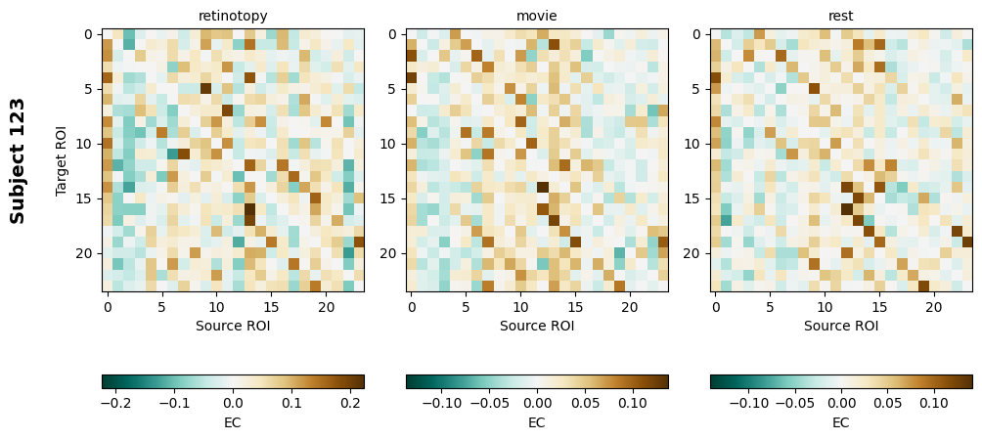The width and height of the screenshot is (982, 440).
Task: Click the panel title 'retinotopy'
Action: pos(233,16)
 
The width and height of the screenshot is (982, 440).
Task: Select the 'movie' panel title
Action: pos(537,16)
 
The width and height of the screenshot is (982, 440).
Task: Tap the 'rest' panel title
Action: pos(840,16)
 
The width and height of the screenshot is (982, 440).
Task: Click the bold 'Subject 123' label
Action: pos(18,160)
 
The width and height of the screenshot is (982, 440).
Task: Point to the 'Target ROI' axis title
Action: pos(62,159)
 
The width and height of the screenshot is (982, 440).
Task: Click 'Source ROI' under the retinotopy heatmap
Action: pos(233,326)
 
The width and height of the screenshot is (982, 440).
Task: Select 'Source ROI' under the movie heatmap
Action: pos(537,326)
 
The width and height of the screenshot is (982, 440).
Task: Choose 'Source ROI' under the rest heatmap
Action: pos(840,326)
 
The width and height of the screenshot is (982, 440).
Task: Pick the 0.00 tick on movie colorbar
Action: pos(537,402)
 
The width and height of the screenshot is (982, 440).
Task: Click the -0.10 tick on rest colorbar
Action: pos(749,402)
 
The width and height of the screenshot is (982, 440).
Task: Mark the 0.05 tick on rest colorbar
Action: pos(887,402)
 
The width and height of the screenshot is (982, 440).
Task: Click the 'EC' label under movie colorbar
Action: pos(537,422)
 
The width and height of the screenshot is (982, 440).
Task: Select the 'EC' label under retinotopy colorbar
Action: pos(233,422)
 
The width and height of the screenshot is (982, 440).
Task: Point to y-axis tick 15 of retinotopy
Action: pos(86,198)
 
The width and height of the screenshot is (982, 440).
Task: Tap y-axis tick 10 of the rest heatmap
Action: pos(693,144)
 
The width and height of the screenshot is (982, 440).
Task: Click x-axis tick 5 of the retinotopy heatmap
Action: pos(162,307)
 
